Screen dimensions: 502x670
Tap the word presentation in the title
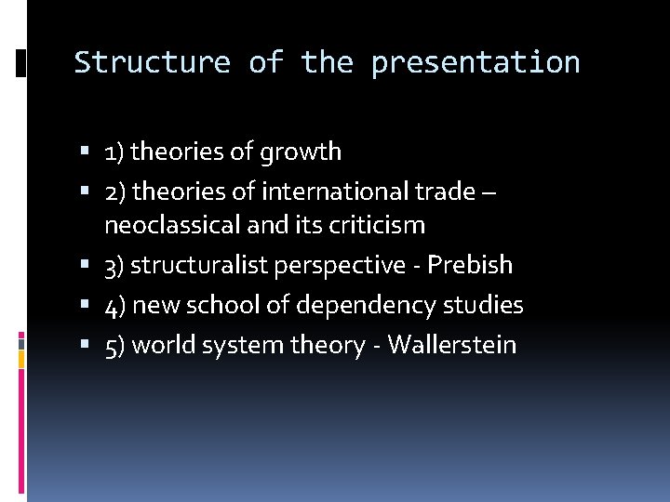(475, 63)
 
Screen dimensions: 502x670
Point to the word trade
(445, 192)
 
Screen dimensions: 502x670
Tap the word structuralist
(198, 265)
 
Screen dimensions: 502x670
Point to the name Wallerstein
(451, 345)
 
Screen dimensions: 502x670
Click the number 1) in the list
(114, 152)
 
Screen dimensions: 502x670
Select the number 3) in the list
(115, 265)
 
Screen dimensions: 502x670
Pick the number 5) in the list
(115, 345)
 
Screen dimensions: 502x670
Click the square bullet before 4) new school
(85, 305)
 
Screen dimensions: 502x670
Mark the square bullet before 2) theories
(85, 192)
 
